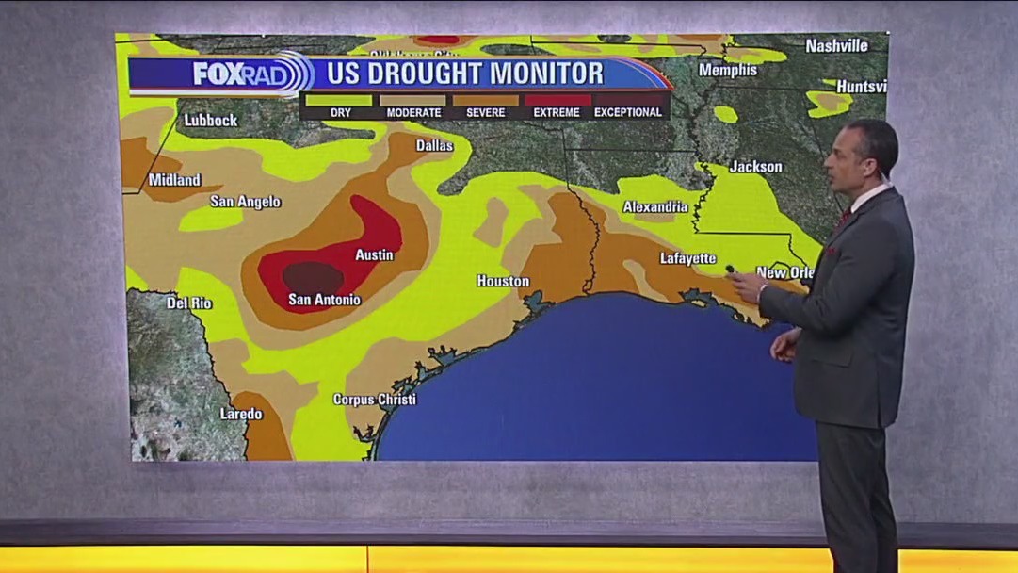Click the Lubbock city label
211,121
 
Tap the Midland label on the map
175,180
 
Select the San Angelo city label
245,202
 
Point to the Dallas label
434,146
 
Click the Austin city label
374,255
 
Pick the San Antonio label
324,301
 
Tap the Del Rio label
189,303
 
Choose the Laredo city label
241,414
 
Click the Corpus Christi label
374,400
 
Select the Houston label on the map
503,282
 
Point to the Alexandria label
655,207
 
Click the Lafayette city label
688,258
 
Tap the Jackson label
756,167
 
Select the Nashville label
836,45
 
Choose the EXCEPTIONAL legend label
628,112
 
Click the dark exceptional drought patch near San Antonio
313,277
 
